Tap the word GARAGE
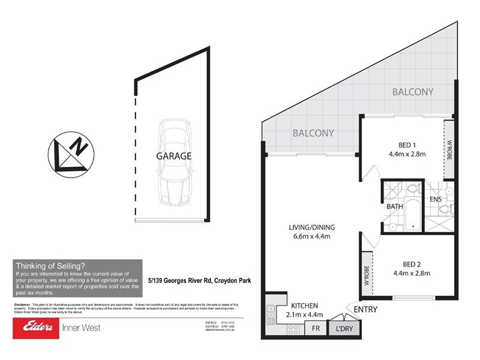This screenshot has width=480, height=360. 174,156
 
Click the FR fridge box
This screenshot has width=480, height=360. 314,329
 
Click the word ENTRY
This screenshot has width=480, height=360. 366,309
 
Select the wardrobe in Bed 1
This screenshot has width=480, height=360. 448,149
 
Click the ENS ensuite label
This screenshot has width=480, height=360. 436,199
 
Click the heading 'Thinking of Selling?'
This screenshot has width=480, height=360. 50,266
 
